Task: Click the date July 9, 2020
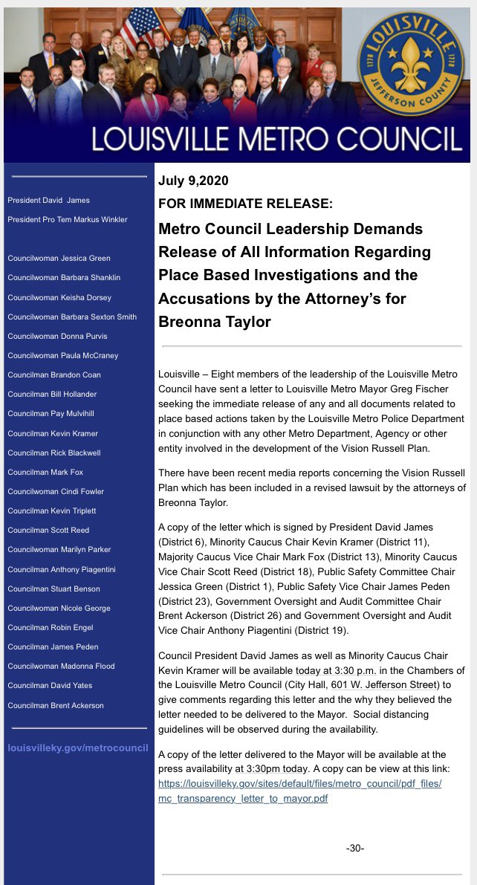tap(193, 181)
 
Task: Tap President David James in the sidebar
tap(48, 200)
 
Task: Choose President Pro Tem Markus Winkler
tap(67, 219)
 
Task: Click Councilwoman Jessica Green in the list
tap(59, 258)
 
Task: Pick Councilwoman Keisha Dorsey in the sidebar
tap(59, 297)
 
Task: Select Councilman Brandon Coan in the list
tap(54, 375)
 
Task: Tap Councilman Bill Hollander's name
tap(52, 394)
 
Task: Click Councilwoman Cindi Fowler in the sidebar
tap(56, 491)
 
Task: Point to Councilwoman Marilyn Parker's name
tap(59, 549)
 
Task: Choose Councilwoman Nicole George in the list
tap(59, 608)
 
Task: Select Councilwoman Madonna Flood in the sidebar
tap(61, 666)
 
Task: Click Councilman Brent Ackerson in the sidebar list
tap(56, 705)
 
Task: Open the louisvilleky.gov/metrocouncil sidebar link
tap(78, 748)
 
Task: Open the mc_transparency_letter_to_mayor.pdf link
tap(243, 799)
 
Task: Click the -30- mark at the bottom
tap(354, 848)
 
